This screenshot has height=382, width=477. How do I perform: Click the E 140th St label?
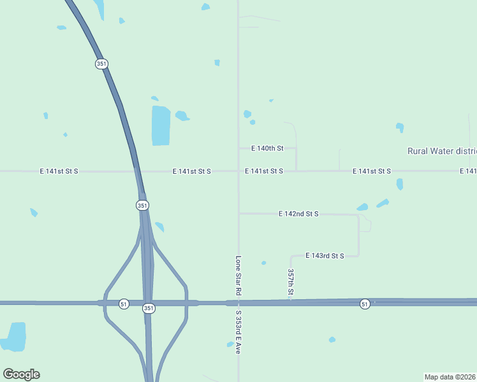(267, 148)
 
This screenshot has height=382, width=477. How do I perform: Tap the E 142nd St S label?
(298, 215)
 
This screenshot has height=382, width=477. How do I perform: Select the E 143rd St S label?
(325, 256)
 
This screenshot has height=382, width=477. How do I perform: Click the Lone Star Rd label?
(238, 275)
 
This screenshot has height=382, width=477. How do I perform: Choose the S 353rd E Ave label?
(238, 332)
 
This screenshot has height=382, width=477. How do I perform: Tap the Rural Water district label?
(441, 151)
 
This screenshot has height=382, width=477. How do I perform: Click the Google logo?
(21, 374)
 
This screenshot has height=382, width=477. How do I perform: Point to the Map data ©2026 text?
(450, 377)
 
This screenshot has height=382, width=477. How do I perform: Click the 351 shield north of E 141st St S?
(101, 64)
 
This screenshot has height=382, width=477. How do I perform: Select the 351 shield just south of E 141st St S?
(142, 205)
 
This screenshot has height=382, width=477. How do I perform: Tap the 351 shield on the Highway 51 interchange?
(149, 308)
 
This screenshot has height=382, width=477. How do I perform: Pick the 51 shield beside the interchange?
(124, 304)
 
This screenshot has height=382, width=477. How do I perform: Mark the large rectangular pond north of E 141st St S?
(161, 125)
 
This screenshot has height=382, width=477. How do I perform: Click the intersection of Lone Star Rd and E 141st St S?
(238, 171)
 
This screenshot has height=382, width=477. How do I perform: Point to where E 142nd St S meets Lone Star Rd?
(238, 214)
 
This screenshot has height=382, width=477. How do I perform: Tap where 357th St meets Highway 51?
(290, 301)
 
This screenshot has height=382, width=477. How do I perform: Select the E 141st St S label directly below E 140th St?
(264, 171)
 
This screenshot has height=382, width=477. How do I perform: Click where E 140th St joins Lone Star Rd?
(238, 148)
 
